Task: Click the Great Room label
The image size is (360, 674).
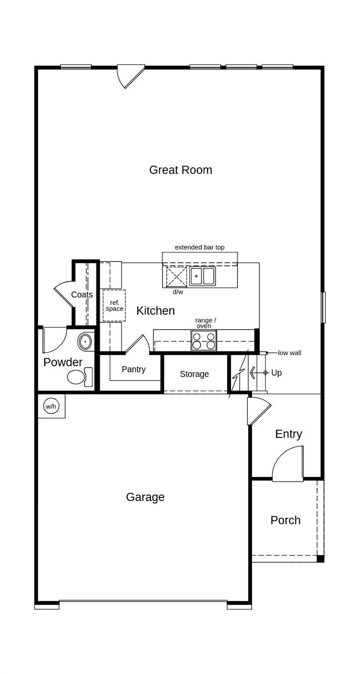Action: [x=181, y=170]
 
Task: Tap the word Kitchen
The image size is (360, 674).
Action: [x=156, y=311]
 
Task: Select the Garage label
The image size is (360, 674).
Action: [x=145, y=497]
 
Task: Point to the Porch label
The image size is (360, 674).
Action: [x=285, y=520]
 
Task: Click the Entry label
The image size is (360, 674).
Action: [x=289, y=434]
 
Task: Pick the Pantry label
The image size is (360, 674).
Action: [x=134, y=369]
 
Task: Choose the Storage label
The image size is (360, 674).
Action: [x=194, y=374]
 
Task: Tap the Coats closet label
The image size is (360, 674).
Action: [x=82, y=294]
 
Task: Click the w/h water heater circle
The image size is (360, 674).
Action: [x=51, y=406]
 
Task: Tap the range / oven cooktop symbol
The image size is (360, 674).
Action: [x=203, y=341]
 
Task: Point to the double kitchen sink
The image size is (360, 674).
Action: [x=202, y=276]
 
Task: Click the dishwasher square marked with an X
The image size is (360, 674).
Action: [x=177, y=276]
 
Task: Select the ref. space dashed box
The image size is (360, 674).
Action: [x=114, y=306]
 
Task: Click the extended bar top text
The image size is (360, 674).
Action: [x=200, y=247]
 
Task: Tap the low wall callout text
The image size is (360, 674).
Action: [x=289, y=353]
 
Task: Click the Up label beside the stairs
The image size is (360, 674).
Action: [x=276, y=373]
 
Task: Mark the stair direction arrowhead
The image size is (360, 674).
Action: [x=252, y=373]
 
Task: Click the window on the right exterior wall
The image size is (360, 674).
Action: [x=323, y=308]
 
